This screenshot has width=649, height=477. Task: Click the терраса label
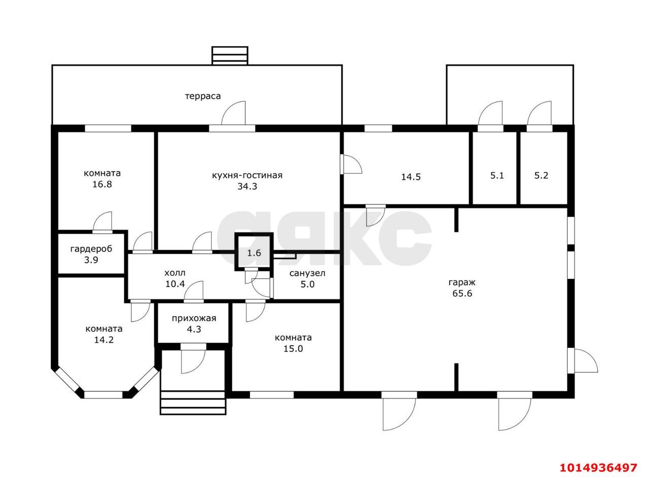[203, 96]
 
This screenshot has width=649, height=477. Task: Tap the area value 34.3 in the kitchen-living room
[247, 186]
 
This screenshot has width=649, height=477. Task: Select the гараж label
[462, 282]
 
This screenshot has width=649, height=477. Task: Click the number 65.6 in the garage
[462, 293]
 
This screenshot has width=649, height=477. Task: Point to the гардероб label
[91, 249]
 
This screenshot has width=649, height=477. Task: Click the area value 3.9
[91, 260]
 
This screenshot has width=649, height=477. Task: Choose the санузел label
[307, 273]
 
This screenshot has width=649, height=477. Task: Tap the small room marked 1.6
[254, 253]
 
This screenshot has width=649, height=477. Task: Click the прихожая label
[194, 319]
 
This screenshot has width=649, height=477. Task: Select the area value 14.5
[411, 177]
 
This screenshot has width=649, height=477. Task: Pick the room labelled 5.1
[497, 176]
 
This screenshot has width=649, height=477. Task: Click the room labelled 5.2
[542, 176]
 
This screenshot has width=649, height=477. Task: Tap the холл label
[175, 273]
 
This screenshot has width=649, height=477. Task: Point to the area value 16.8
[102, 184]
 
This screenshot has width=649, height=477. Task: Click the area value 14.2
[103, 340]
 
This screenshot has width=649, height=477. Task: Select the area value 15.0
[293, 349]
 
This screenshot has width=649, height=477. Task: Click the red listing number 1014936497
[598, 467]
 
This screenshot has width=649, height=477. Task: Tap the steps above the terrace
[230, 56]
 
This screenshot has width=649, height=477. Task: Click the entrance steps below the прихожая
[193, 403]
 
